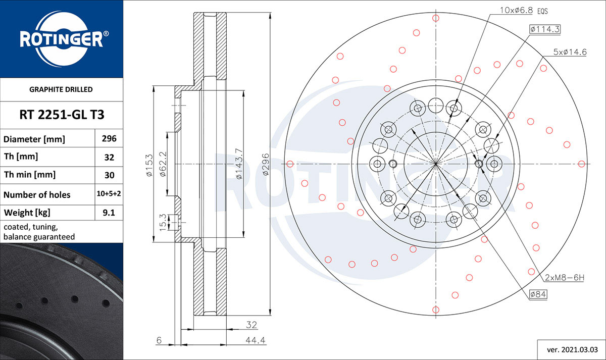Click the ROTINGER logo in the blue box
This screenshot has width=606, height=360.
[x=62, y=39]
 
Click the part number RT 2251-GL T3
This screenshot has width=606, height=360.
[x=62, y=115]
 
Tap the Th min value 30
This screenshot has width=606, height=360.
[x=109, y=175]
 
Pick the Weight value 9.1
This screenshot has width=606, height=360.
[x=109, y=213]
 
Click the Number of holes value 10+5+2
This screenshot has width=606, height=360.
[x=109, y=194]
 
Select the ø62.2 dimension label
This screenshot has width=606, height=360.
[x=163, y=164]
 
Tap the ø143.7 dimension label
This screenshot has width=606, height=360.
[x=239, y=164]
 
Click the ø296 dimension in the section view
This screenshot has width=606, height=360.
[x=266, y=164]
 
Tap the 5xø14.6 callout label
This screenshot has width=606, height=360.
[x=570, y=52]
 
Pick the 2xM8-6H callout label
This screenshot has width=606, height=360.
[x=565, y=278]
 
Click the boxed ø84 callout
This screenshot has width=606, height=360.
[x=538, y=294]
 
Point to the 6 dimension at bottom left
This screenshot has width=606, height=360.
[x=159, y=341]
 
